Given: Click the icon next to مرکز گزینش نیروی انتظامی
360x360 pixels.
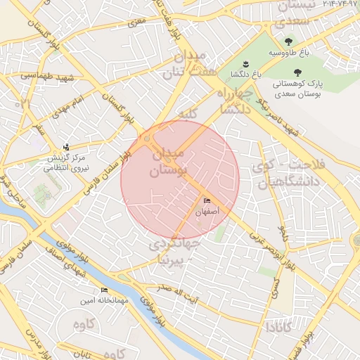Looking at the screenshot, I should [66, 147].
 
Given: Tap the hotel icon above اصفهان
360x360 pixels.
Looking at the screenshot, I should [206, 200].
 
